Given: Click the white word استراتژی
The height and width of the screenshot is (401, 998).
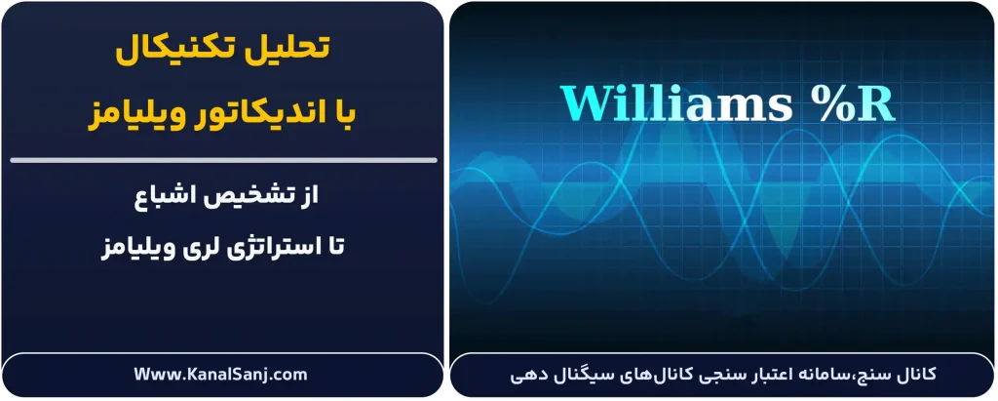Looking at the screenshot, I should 245,247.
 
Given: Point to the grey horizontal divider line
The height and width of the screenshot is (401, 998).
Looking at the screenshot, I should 221,159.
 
